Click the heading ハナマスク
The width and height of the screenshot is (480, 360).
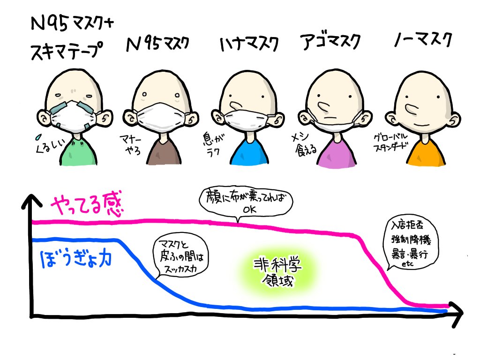click(x=248, y=45)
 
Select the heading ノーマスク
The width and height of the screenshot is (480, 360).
click(x=423, y=41)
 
